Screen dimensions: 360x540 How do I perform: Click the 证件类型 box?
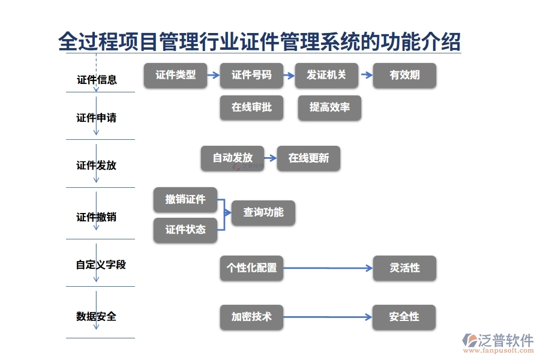click(175, 76)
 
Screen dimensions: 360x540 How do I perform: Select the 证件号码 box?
click(251, 76)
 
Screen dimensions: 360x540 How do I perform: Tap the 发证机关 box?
click(326, 76)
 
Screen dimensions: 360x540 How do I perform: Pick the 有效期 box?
click(404, 76)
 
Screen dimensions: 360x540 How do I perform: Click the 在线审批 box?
click(251, 107)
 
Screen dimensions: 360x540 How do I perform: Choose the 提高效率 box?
click(329, 107)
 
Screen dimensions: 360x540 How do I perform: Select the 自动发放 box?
click(232, 158)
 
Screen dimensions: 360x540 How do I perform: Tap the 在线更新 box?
click(308, 158)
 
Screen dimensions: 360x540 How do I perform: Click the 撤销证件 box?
click(185, 199)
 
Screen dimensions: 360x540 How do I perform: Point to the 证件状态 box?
click(185, 230)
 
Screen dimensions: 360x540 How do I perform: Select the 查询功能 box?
click(263, 212)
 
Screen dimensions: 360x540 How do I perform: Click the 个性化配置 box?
click(251, 268)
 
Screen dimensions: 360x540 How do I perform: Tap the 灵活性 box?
click(404, 268)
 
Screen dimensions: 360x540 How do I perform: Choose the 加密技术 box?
click(251, 317)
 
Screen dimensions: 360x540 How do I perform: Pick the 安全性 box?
click(404, 317)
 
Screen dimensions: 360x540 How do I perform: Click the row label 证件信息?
click(97, 80)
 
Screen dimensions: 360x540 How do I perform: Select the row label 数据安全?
click(97, 316)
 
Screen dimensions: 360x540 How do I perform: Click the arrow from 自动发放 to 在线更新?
click(270, 158)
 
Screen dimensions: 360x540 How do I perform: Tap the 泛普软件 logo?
click(498, 342)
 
